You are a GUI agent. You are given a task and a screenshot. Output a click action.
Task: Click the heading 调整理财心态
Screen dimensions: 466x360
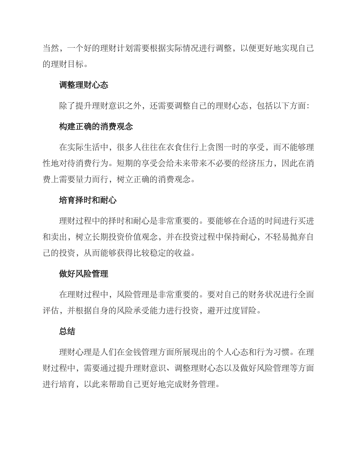[x=83, y=85]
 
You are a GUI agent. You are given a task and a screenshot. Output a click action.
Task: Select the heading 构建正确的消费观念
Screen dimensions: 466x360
[x=96, y=127]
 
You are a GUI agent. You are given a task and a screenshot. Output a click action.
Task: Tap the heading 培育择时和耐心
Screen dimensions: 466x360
[x=88, y=200]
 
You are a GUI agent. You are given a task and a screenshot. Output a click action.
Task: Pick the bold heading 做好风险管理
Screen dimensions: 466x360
[x=83, y=274]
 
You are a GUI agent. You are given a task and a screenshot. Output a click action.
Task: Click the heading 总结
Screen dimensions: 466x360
[x=67, y=332]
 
